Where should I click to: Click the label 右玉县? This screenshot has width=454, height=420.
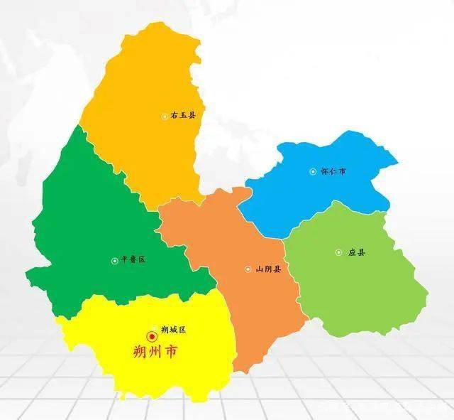click(x=182, y=115)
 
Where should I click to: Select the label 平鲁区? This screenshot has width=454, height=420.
click(x=133, y=260)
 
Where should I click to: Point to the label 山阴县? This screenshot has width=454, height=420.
click(x=268, y=269)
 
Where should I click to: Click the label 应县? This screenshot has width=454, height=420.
click(x=356, y=252)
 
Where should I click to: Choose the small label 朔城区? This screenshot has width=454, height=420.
click(x=173, y=330)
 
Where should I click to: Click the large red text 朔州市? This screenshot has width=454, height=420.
click(x=155, y=351)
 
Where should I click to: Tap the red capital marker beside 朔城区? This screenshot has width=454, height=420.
click(x=152, y=335)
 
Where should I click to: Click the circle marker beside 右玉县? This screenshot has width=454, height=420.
click(x=165, y=116)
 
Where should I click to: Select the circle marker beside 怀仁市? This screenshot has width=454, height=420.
click(x=314, y=171)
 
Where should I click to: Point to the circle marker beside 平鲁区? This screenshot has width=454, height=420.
click(x=114, y=261)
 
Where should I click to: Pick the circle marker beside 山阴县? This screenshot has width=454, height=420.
click(x=248, y=269)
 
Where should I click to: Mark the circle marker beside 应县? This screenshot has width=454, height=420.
click(x=338, y=252)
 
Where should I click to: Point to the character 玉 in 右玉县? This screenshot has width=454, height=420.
click(x=182, y=115)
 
